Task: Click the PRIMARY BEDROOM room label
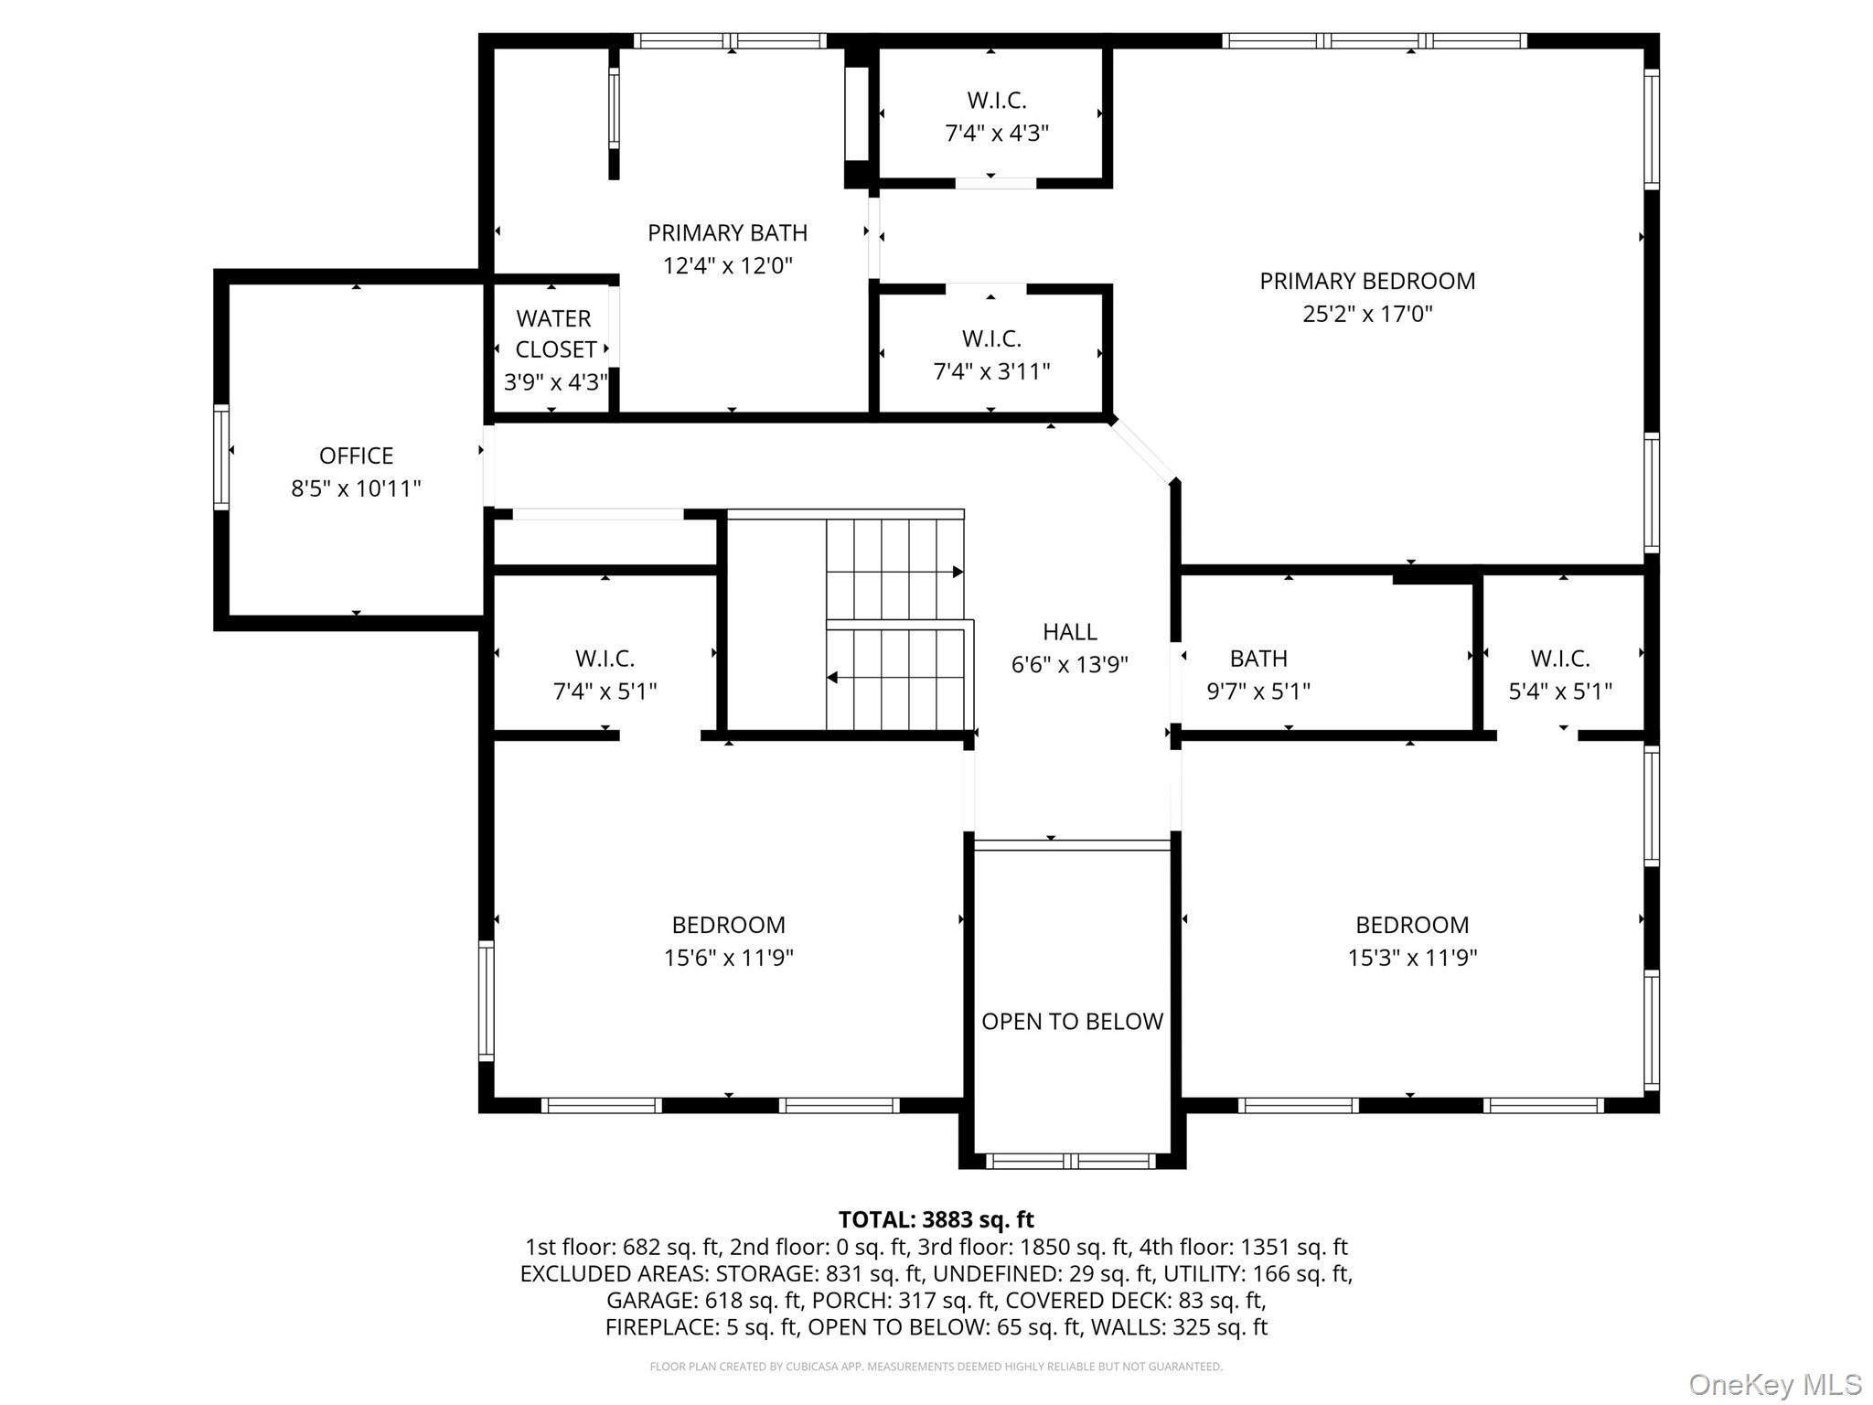(x=1367, y=281)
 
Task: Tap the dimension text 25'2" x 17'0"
(x=1367, y=314)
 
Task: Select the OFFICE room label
(x=356, y=456)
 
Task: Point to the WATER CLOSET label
(x=554, y=334)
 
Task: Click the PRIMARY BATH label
(x=727, y=233)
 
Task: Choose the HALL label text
(x=1070, y=632)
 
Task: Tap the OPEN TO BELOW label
(x=1072, y=1022)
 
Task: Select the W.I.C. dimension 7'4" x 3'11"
(x=991, y=371)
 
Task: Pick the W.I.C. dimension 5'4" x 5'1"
(x=1560, y=692)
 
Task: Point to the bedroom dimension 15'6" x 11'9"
(x=729, y=958)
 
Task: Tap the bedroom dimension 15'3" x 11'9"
(x=1412, y=958)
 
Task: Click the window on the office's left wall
(x=221, y=456)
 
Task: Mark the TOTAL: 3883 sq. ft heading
(x=936, y=1219)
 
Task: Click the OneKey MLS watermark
(x=1775, y=1384)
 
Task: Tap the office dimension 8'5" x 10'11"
(x=356, y=488)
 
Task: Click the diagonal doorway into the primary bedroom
(x=1143, y=451)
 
